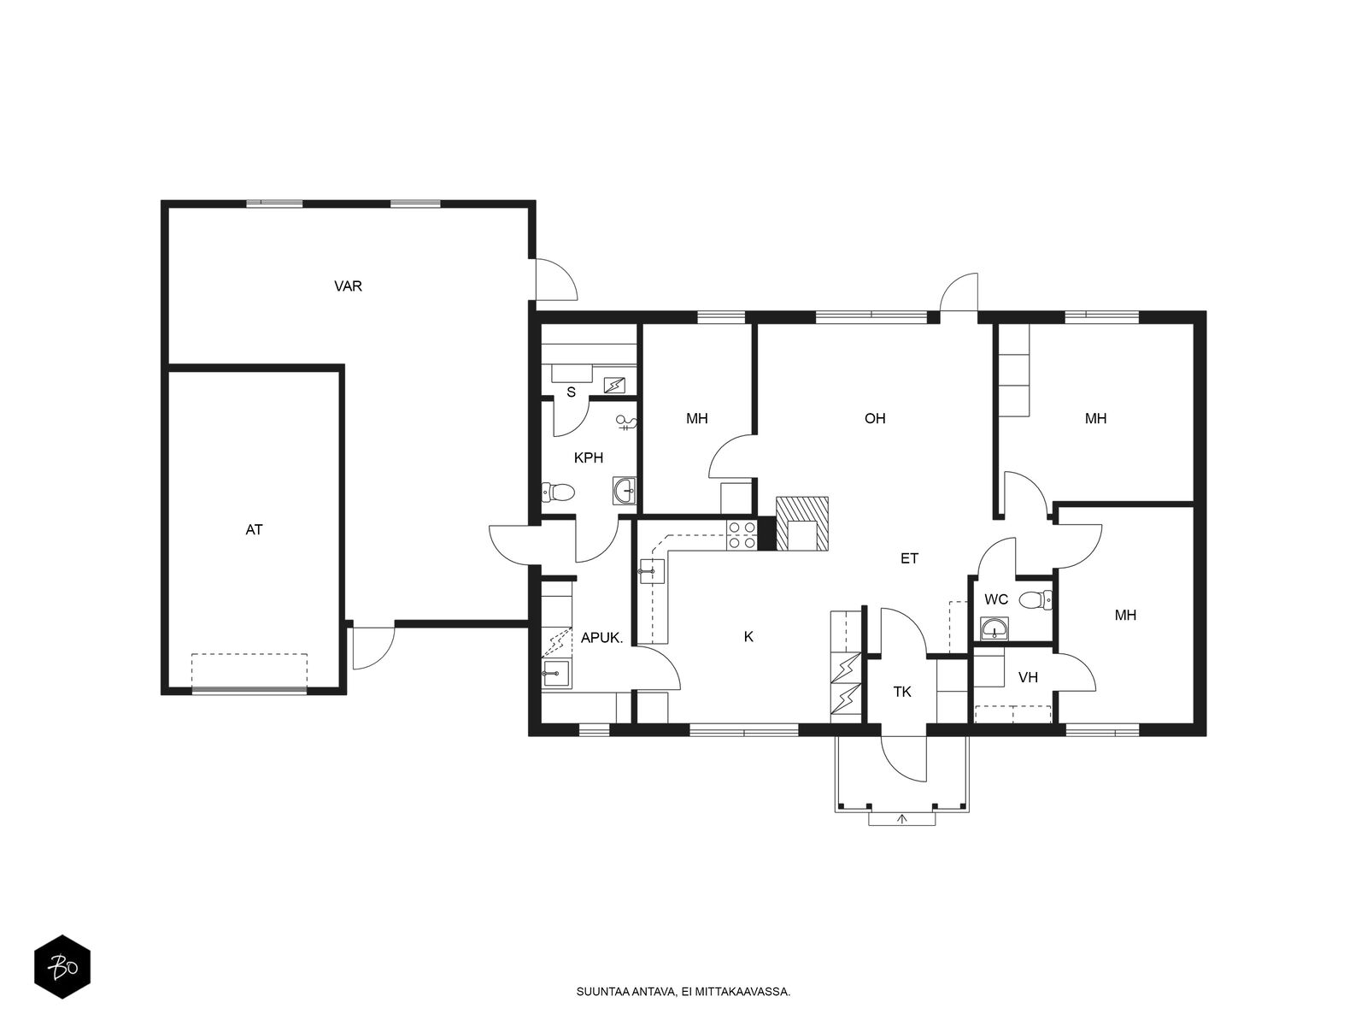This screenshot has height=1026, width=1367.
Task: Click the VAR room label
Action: (x=348, y=286)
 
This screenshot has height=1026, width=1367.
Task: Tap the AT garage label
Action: (x=254, y=529)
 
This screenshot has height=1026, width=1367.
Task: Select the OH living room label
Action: (x=874, y=418)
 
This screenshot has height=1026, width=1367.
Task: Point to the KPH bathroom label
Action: (x=588, y=458)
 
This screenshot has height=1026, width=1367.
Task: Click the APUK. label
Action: (x=601, y=637)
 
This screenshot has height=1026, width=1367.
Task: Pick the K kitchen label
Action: (x=748, y=637)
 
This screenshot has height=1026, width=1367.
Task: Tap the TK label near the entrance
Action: (x=901, y=692)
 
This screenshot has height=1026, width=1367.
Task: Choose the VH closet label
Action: (x=1028, y=677)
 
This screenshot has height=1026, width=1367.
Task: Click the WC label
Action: (x=996, y=599)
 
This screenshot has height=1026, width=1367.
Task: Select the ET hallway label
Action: (x=909, y=558)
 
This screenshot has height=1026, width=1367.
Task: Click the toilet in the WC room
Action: (x=1036, y=600)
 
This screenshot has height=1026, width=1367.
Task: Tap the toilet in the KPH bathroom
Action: (x=557, y=492)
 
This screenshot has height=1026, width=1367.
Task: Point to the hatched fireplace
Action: (x=802, y=523)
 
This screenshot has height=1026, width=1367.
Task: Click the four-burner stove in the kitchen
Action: (x=742, y=535)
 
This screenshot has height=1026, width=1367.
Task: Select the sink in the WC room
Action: (x=994, y=628)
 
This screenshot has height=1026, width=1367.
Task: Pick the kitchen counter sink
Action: (x=652, y=571)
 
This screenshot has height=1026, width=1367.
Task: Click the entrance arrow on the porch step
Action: (x=901, y=818)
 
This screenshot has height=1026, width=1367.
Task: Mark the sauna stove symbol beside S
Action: (x=614, y=385)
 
